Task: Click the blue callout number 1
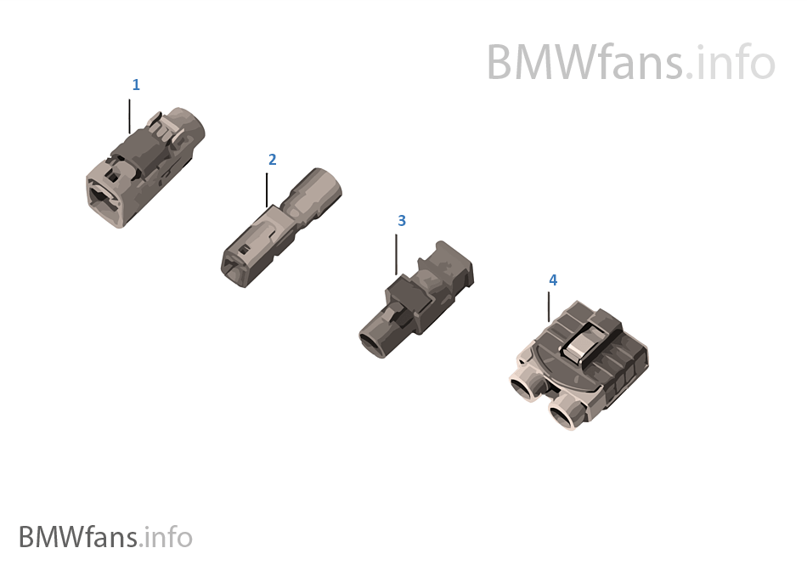point(136,85)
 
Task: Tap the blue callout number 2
point(273,160)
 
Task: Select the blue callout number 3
point(402,221)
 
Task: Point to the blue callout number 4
point(553,280)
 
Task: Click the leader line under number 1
point(129,116)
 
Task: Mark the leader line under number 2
point(267,190)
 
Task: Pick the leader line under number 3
point(397,255)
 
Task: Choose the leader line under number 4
point(549,308)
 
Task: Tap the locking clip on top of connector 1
point(164,127)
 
